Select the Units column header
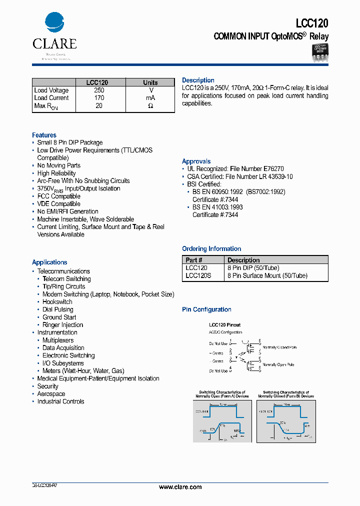[150, 82]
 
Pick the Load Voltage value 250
[99, 90]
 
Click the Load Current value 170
[99, 98]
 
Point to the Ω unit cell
[150, 106]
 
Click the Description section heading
[198, 80]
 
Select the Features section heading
[44, 135]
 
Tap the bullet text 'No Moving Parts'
[58, 165]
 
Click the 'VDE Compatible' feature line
[58, 204]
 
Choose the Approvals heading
[196, 161]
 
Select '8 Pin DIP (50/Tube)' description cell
[253, 268]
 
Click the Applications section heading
[49, 262]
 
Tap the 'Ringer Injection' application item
[62, 325]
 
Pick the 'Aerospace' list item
[51, 394]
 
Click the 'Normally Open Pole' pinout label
[279, 365]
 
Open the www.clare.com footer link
[180, 487]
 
